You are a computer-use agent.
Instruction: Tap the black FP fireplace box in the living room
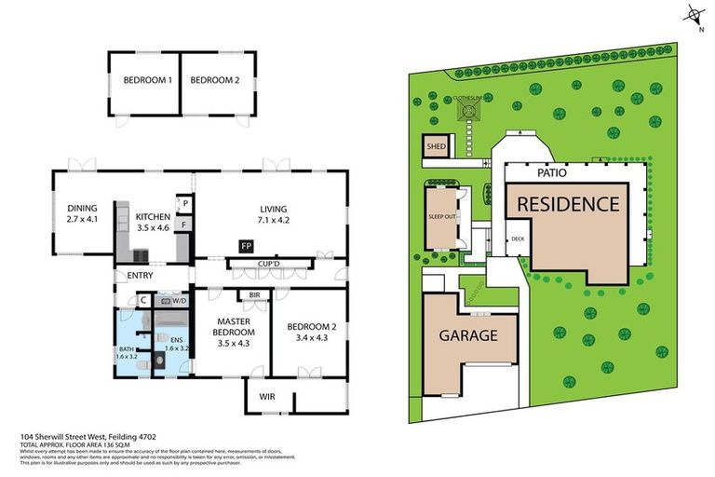[x=246, y=246]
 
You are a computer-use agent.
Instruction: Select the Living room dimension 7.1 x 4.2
[x=274, y=221]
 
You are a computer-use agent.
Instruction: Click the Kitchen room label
[x=153, y=218]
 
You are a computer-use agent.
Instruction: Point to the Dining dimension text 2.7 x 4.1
[x=81, y=221]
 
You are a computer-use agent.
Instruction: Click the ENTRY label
[x=141, y=275]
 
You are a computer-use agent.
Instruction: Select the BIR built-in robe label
[x=253, y=295]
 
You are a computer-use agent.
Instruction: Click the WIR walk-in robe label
[x=268, y=396]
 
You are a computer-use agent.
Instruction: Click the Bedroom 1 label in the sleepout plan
[x=147, y=81]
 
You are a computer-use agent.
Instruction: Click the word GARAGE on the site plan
[x=469, y=336]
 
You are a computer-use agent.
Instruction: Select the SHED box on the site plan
[x=436, y=147]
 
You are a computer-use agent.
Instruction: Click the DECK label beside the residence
[x=518, y=238]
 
